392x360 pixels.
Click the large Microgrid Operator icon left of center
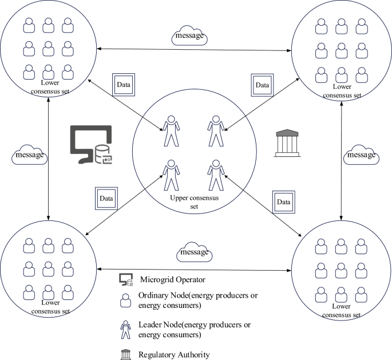pyautogui.click(x=91, y=144)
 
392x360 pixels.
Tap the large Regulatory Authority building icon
pyautogui.click(x=287, y=143)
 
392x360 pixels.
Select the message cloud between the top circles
pyautogui.click(x=189, y=35)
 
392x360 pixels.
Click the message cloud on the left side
pyautogui.click(x=30, y=155)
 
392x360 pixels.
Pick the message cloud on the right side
pyautogui.click(x=361, y=155)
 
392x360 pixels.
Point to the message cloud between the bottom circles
pyautogui.click(x=194, y=252)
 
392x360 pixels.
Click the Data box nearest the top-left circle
pyautogui.click(x=124, y=85)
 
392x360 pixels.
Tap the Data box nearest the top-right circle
pyautogui.click(x=262, y=85)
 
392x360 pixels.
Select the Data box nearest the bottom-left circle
pyautogui.click(x=106, y=199)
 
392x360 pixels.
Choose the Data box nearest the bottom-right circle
pyautogui.click(x=283, y=202)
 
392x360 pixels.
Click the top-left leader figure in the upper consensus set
pyautogui.click(x=171, y=130)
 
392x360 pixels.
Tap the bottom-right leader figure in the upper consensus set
pyautogui.click(x=216, y=175)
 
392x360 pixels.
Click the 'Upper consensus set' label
pyautogui.click(x=194, y=202)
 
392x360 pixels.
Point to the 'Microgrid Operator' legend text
pyautogui.click(x=172, y=279)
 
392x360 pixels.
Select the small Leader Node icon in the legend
pyautogui.click(x=125, y=330)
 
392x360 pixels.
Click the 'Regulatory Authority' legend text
pyautogui.click(x=174, y=355)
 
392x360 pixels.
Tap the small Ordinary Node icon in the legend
pyautogui.click(x=125, y=300)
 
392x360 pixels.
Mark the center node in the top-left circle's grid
pyautogui.click(x=48, y=49)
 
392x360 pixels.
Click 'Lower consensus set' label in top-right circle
pyautogui.click(x=342, y=91)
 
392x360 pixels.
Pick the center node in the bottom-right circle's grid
pyautogui.click(x=341, y=271)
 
